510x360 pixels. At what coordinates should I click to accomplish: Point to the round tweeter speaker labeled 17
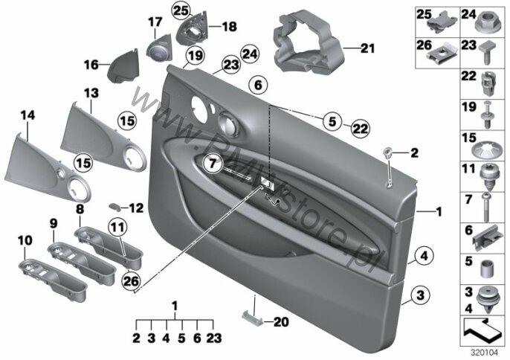158,53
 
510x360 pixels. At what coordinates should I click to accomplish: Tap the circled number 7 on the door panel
212,161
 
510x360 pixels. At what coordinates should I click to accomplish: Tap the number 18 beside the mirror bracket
228,26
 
